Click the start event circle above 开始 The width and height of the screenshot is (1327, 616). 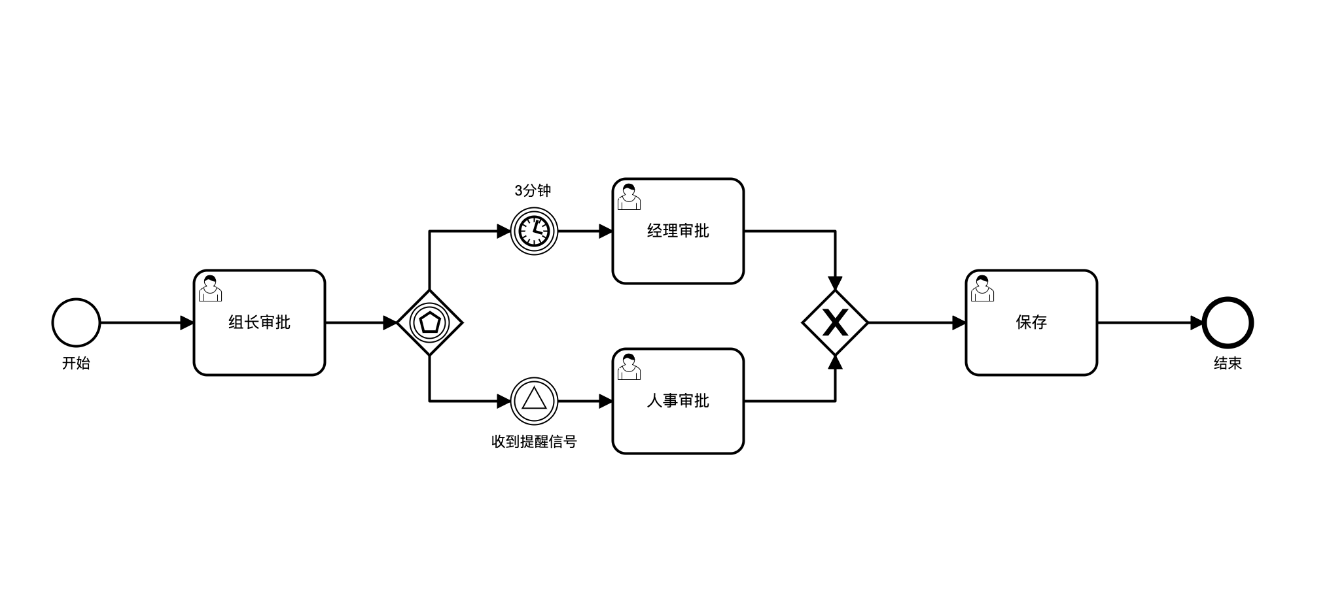(76, 322)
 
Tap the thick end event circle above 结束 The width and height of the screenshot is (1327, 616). (1228, 322)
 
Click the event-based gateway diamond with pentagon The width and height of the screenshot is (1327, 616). (429, 322)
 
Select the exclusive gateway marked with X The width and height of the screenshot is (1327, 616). (835, 322)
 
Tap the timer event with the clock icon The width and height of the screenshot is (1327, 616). (534, 231)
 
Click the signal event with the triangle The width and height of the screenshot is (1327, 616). (534, 401)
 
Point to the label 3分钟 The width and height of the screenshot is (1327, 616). (533, 190)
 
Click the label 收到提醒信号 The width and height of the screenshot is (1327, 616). (534, 441)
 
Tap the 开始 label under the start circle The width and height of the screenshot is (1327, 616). (76, 363)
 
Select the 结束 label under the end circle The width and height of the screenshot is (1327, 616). (1228, 363)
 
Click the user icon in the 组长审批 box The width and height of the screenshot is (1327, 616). (210, 288)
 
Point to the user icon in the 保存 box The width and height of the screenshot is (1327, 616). (982, 288)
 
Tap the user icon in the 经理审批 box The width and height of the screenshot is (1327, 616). (629, 197)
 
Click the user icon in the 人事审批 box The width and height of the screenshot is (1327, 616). (629, 367)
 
